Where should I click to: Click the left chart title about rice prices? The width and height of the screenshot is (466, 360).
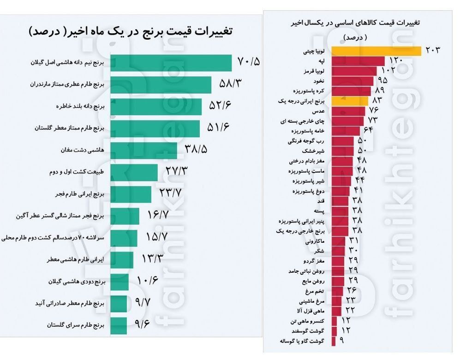click(x=131, y=32)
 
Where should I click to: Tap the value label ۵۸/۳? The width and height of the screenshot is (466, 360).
click(x=230, y=84)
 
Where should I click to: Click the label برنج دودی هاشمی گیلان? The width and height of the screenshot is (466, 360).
click(x=77, y=281)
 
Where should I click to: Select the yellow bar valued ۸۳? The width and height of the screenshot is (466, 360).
click(x=349, y=101)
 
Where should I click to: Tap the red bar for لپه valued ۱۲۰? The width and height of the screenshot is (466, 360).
click(x=357, y=60)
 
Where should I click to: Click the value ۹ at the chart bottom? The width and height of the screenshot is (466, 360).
click(x=341, y=341)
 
